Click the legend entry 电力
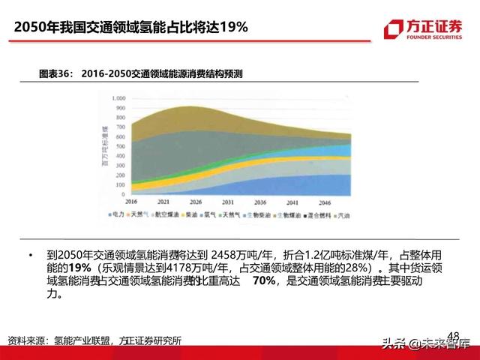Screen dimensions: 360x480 (x=132, y=215)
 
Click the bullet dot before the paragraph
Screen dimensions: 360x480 (x=29, y=255)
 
